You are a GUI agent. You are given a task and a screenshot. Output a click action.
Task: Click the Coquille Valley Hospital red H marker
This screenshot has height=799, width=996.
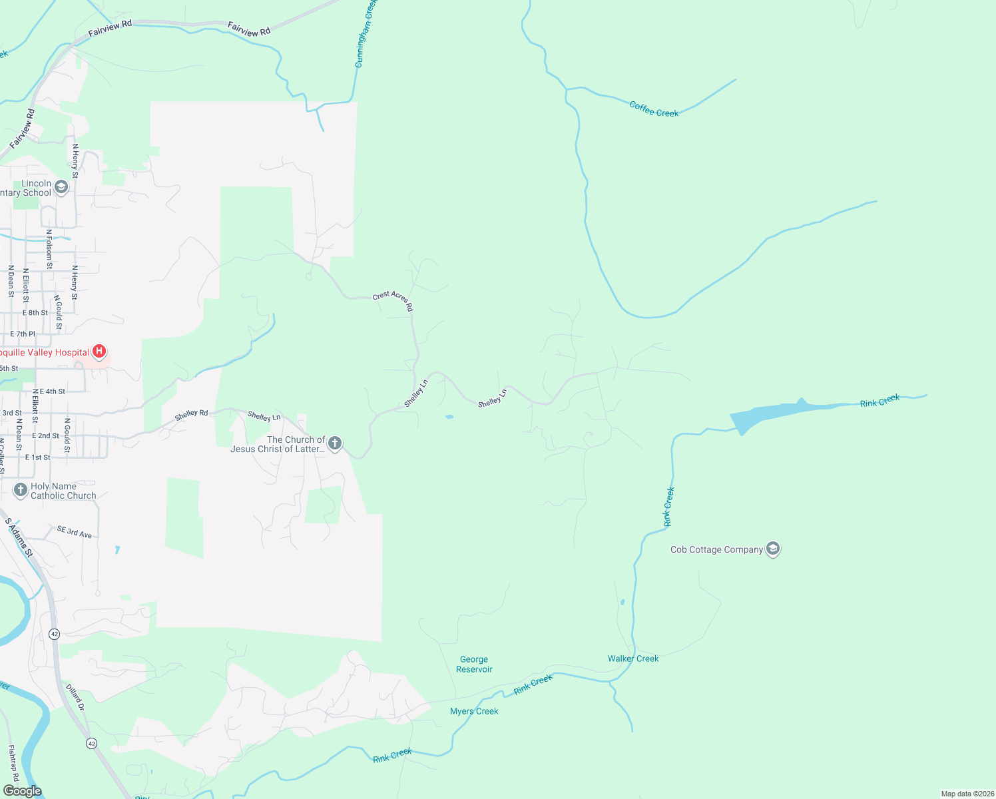point(99,351)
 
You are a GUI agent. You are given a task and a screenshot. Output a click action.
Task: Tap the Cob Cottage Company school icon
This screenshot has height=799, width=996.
point(772,549)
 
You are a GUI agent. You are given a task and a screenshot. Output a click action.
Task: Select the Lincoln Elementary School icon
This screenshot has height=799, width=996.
point(61,188)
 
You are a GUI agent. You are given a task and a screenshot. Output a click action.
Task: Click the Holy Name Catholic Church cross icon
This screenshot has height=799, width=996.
point(21,491)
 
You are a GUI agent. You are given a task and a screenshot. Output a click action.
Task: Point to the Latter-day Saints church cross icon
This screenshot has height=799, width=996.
point(335,443)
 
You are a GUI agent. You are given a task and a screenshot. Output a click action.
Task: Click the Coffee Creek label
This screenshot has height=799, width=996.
point(654,109)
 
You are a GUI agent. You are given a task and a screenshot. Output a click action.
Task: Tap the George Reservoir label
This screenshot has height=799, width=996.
point(474,665)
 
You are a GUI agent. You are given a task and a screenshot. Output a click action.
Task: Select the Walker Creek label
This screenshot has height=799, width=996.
point(632,659)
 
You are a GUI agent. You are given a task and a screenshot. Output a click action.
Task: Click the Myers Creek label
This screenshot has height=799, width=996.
point(474,711)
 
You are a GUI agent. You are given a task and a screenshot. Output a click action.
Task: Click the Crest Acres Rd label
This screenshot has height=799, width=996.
point(393,300)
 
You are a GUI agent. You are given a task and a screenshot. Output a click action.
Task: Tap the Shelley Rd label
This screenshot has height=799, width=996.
point(192,414)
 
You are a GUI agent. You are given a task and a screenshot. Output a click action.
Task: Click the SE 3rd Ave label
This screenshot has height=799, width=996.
point(75,531)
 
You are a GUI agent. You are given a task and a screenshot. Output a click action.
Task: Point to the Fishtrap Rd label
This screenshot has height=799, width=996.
point(13,762)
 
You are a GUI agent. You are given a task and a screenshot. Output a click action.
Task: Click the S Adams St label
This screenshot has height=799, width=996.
point(19,537)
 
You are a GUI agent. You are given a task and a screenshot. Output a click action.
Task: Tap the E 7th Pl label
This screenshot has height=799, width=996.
point(23,334)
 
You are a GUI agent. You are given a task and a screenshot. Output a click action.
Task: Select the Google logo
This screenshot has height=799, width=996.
point(22,791)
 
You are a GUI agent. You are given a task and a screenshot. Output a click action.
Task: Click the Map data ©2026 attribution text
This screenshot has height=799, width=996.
point(967,794)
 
